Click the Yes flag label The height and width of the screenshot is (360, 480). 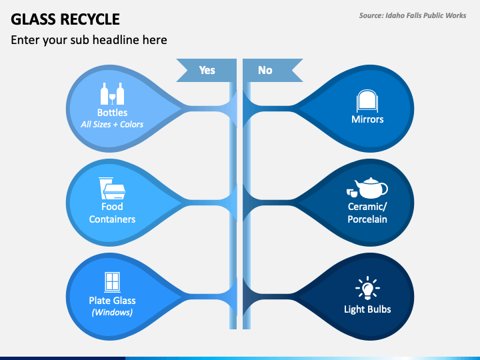coord(207,70)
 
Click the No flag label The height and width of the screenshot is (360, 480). coord(265,70)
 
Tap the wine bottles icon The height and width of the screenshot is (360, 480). coord(112,94)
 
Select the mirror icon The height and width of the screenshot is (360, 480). coord(367,101)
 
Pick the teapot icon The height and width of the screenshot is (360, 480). coord(367,188)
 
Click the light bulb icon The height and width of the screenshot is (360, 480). coord(367,288)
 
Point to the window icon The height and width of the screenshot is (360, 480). coord(112,281)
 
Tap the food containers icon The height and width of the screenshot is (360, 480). coord(112,188)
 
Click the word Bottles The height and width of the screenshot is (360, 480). coord(112,113)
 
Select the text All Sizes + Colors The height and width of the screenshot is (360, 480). coord(112,124)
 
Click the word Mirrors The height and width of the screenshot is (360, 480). coord(367,119)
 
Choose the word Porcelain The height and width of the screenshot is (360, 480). coord(367,219)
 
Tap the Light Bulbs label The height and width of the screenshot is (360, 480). coord(367,309)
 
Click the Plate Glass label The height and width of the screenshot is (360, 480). coord(112,301)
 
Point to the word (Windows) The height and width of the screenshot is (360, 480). coord(112,312)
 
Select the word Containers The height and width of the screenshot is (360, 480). coord(112,219)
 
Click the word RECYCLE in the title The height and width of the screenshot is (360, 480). coord(90,19)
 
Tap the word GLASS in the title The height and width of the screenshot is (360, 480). coord(33,19)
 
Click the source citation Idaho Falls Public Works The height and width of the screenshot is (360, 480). coord(426,15)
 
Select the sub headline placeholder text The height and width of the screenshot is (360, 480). coord(89,40)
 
